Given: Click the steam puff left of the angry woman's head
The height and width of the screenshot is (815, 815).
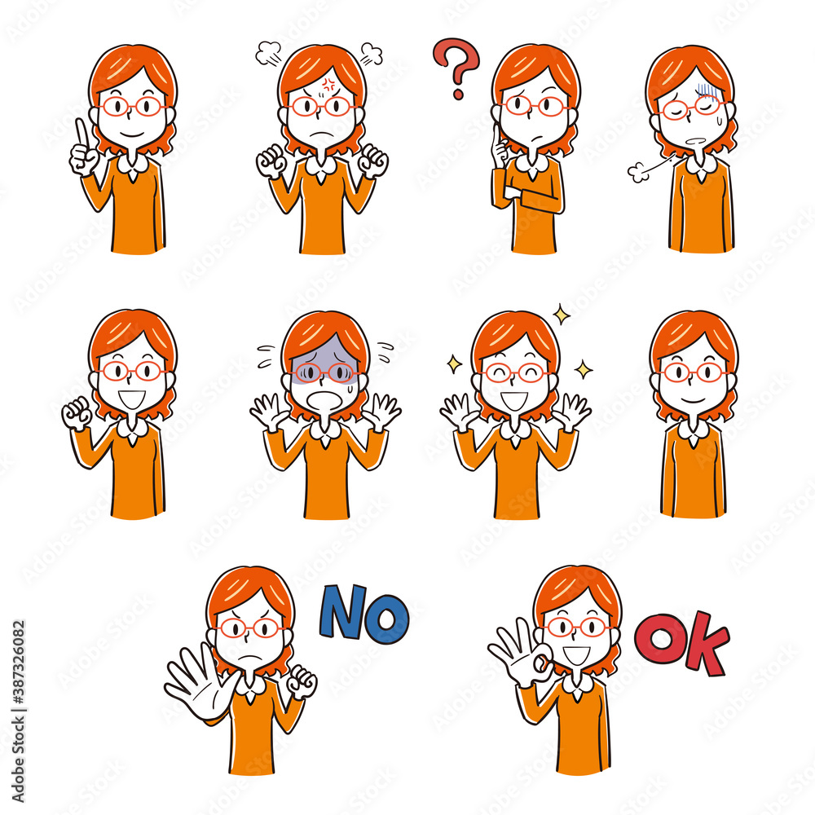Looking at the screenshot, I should pos(267,54).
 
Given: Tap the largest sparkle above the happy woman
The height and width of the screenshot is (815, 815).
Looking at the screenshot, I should pos(561,314).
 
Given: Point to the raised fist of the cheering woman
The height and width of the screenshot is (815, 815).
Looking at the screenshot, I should pos(77,413).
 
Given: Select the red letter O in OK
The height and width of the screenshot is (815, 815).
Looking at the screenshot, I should pos(660,638).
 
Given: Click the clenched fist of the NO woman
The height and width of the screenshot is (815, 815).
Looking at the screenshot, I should pos(302,681).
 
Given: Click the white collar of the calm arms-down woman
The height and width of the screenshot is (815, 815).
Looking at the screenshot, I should pos(694,430).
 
